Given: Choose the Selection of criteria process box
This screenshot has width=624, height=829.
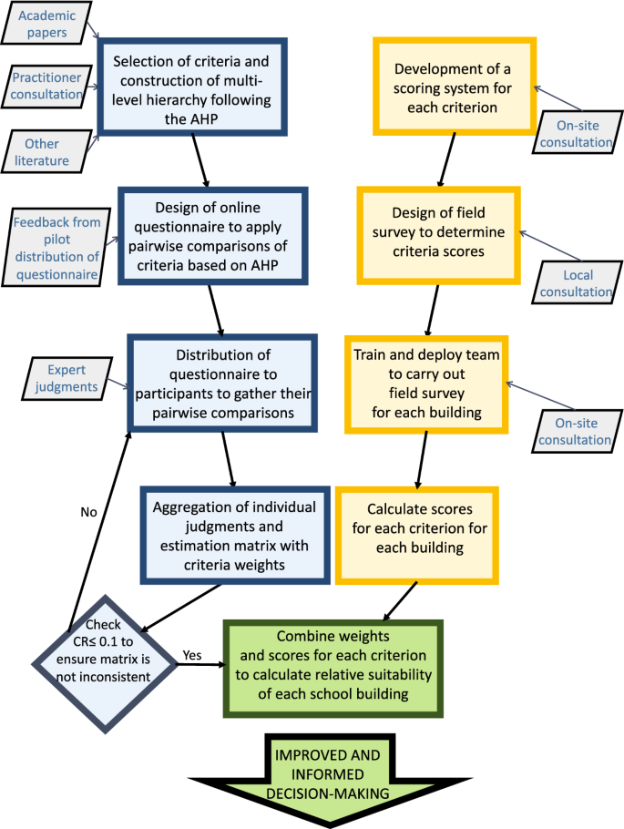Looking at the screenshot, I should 191,86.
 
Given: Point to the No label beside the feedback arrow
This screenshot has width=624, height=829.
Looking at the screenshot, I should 88,512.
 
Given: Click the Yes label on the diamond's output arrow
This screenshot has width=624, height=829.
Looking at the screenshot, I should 192,654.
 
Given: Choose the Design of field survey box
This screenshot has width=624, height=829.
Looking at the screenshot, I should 437,234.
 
